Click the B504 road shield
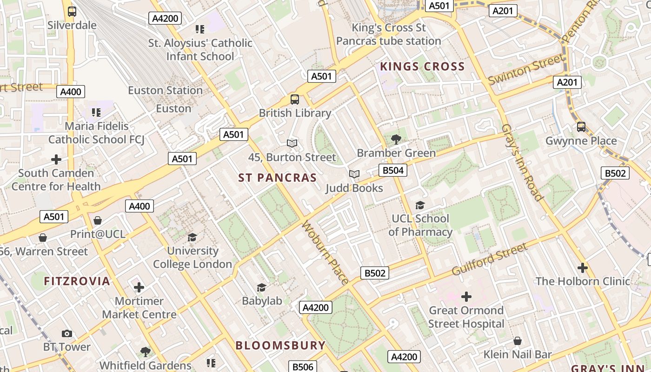point(392,170)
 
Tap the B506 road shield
point(303,367)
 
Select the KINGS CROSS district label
point(422,66)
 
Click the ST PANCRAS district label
point(277,178)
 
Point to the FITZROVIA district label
point(77,281)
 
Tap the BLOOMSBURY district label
point(280,345)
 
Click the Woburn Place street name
point(325,252)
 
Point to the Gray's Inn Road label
point(522,162)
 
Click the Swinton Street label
point(525,70)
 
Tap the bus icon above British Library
point(295,99)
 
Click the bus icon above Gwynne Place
point(581,126)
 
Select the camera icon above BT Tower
point(67,333)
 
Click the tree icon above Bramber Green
point(396,139)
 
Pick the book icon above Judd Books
point(354,174)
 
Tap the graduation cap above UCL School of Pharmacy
point(420,205)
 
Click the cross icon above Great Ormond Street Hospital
point(466,296)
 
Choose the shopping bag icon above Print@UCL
point(98,220)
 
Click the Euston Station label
point(165,90)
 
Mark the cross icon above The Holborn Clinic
point(582,268)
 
